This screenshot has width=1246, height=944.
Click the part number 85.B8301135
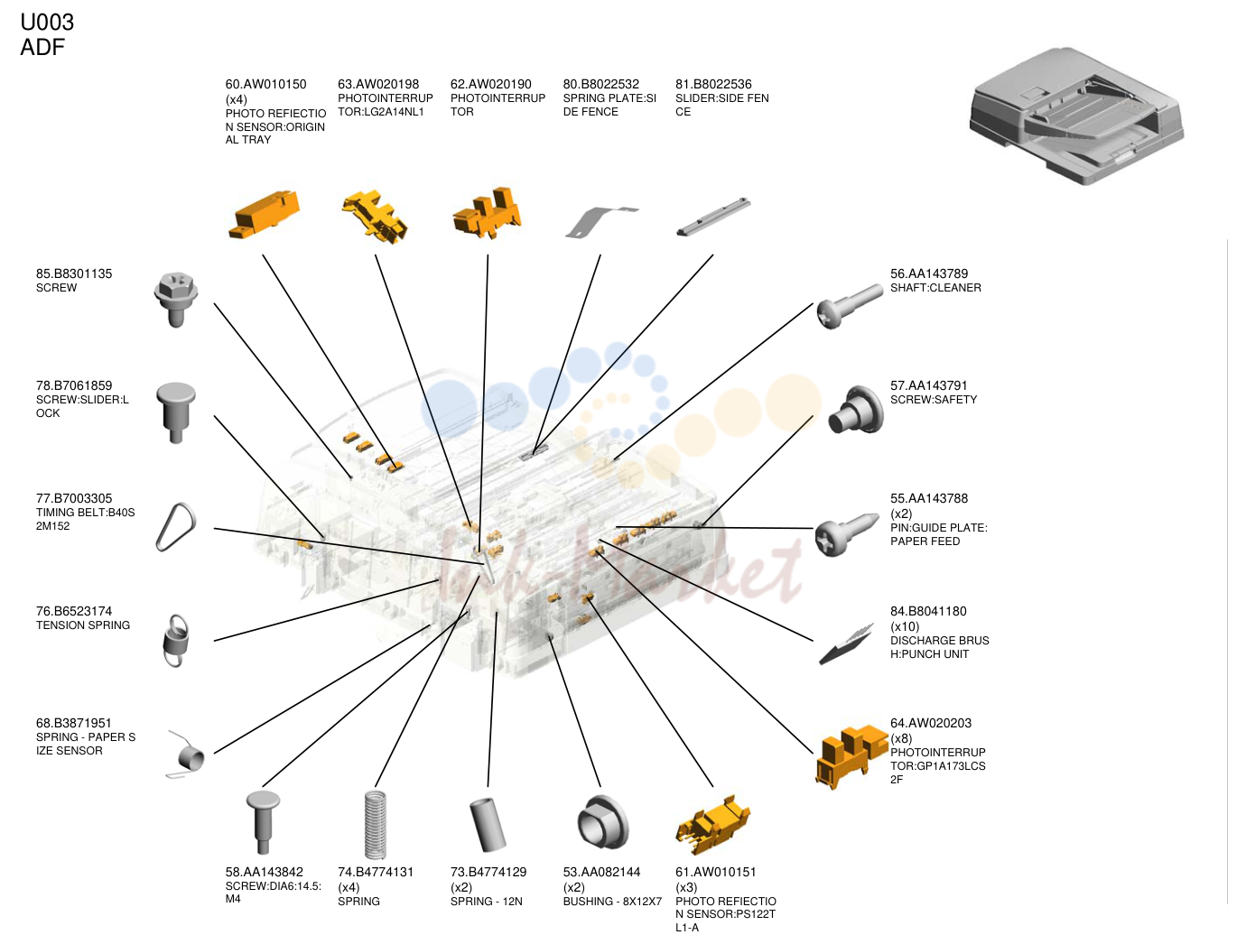click(x=74, y=273)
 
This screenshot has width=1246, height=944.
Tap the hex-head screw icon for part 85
click(x=175, y=299)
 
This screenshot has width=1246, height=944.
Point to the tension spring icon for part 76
click(x=176, y=640)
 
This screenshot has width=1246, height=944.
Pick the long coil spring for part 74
click(x=375, y=824)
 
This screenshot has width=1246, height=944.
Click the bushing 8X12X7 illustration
click(x=602, y=822)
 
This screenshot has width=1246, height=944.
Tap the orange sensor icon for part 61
click(x=712, y=824)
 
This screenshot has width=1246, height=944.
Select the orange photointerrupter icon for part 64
click(x=850, y=756)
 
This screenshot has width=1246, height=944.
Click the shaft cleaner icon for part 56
click(x=849, y=306)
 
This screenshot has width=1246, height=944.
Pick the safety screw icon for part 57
click(x=855, y=410)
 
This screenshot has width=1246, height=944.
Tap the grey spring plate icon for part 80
click(x=600, y=221)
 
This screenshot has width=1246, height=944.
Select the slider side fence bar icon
click(x=713, y=216)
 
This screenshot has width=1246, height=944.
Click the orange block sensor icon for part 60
click(x=264, y=214)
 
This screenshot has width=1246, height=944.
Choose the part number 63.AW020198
click(x=378, y=84)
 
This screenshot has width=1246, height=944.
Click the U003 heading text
click(x=47, y=23)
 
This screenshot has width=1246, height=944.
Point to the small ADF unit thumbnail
click(x=1076, y=116)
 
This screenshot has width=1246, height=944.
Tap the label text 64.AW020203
click(x=930, y=723)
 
